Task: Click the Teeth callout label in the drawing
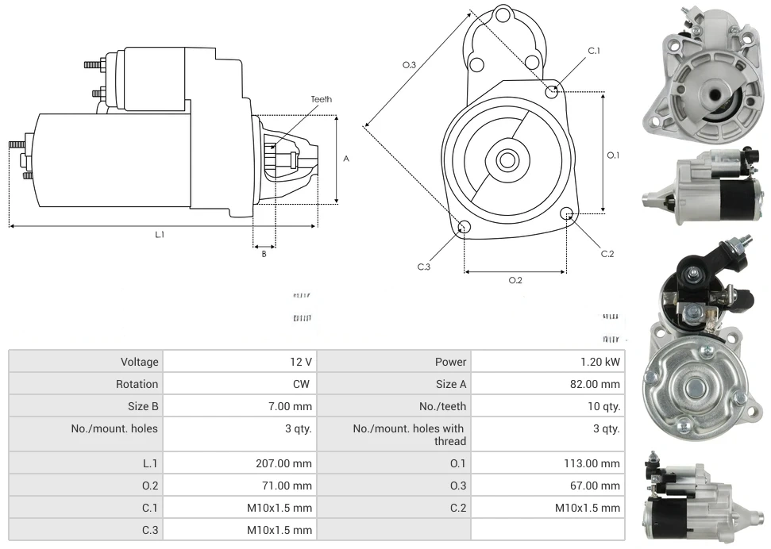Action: tap(322, 99)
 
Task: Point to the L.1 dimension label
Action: tap(160, 234)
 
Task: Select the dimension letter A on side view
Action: tap(346, 159)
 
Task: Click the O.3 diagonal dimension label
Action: tap(409, 65)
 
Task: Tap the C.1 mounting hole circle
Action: tap(552, 92)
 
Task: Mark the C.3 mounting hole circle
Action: tap(465, 228)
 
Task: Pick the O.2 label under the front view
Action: tap(515, 280)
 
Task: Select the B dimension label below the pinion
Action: tap(264, 254)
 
